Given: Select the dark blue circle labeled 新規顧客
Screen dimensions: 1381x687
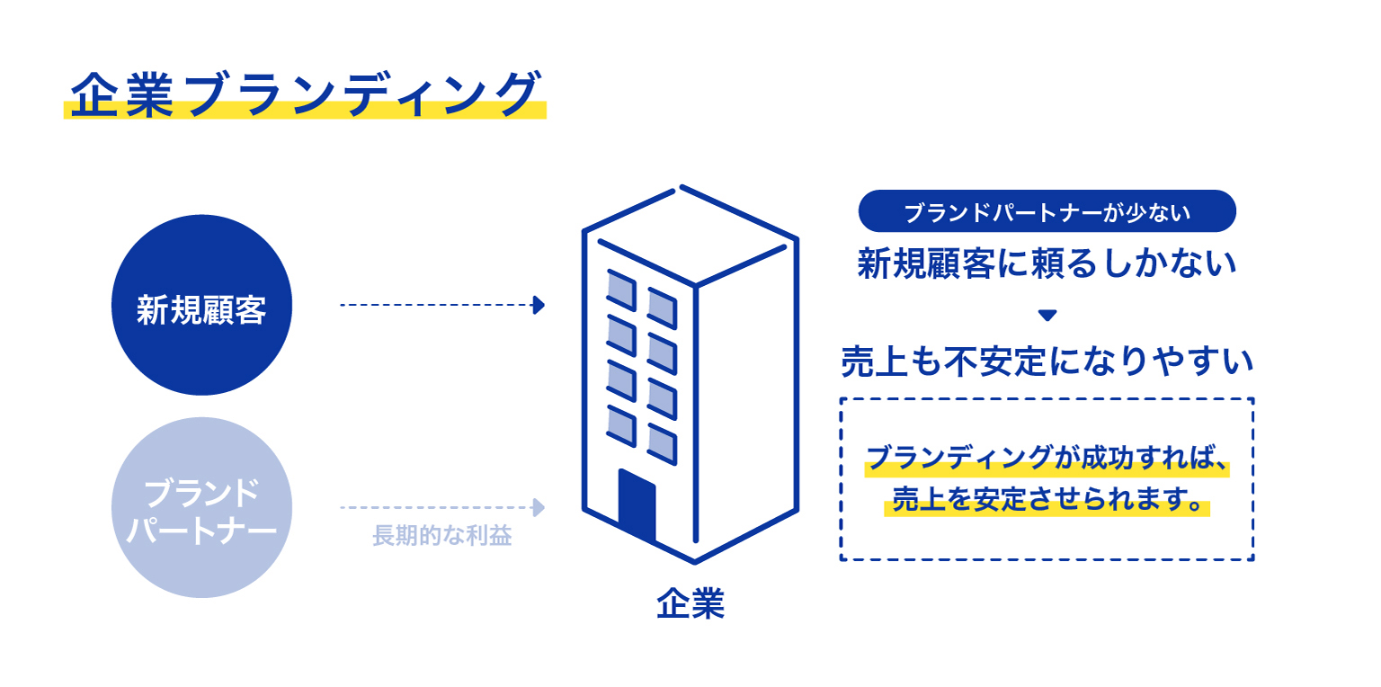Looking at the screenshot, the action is pos(201,305).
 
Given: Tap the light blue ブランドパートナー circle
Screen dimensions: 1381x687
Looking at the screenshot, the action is pos(201,507).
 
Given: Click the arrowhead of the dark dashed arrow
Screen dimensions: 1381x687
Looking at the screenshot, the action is pos(539,305).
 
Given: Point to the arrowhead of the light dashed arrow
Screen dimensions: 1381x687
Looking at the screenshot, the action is pos(539,507).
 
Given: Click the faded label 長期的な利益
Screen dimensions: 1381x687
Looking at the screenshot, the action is pos(442,535).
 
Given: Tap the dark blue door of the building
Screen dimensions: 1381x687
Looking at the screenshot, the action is pos(637,504).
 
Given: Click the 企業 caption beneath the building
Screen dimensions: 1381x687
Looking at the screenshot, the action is pos(690,603).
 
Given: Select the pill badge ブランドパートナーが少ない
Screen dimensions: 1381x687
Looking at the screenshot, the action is pos(1047,211).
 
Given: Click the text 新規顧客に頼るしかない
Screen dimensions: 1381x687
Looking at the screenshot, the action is pos(1047,263).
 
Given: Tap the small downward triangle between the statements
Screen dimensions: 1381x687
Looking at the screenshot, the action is pos(1047,315).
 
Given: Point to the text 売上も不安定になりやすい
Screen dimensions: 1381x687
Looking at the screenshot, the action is pos(1047,361).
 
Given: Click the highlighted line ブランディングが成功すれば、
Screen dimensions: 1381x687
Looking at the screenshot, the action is pos(1047,459).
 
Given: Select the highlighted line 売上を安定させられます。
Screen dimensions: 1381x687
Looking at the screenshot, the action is pos(1047,499).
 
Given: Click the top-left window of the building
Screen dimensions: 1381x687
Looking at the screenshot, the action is pos(621,290).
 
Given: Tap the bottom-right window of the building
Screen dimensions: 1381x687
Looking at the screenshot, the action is pos(662,444).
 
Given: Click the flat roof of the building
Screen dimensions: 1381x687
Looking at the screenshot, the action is pos(690,236).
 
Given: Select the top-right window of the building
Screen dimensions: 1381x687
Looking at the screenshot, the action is pos(662,308).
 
